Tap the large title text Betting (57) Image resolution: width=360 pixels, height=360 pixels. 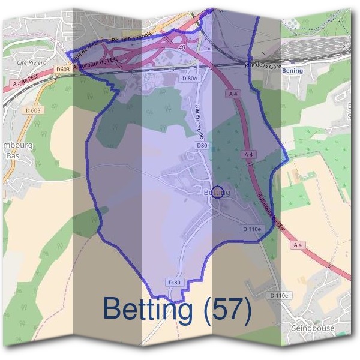177,309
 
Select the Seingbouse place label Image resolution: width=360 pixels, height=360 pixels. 313,329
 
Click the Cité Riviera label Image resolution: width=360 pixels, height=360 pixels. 32,62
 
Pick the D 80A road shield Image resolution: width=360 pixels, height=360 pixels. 189,78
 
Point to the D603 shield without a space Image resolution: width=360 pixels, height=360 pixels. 64,70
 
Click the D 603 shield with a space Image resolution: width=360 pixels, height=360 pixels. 33,110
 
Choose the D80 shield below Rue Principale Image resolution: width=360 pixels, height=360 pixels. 202,145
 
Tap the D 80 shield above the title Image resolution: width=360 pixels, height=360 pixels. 175,282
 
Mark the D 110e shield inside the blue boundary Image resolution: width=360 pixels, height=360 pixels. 252,229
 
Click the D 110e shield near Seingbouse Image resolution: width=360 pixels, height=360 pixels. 280,296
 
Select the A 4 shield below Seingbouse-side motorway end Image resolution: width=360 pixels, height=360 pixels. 298,245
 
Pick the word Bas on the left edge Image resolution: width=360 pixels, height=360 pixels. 12,155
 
